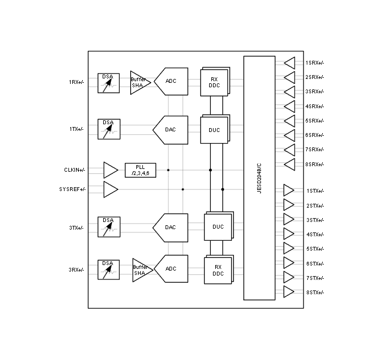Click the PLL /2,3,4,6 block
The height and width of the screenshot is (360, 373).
(140, 170)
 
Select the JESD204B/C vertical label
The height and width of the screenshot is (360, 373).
(259, 178)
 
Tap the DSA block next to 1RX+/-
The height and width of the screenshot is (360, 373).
(109, 83)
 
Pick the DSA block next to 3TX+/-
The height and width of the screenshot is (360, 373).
(109, 227)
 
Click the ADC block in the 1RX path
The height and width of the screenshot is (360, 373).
(171, 81)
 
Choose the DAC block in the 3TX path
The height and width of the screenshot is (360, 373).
(170, 227)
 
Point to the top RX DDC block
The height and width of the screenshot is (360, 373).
(215, 82)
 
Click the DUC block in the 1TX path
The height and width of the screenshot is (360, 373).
(215, 129)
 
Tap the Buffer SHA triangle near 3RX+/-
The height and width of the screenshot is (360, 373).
(142, 270)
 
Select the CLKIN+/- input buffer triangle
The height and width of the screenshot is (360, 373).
(110, 170)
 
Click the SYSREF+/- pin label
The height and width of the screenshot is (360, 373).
(72, 189)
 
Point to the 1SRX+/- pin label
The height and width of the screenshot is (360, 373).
(315, 63)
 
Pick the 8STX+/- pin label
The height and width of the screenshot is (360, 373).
(315, 293)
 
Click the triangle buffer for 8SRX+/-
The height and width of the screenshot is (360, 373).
(290, 165)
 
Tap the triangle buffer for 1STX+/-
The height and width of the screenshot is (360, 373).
(289, 190)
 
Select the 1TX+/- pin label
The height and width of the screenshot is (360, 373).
(77, 129)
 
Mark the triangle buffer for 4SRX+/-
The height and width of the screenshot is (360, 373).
(290, 107)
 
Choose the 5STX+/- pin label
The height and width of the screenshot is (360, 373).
(315, 249)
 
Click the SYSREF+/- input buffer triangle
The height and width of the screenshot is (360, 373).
(110, 189)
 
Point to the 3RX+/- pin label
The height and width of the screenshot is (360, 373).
(76, 270)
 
